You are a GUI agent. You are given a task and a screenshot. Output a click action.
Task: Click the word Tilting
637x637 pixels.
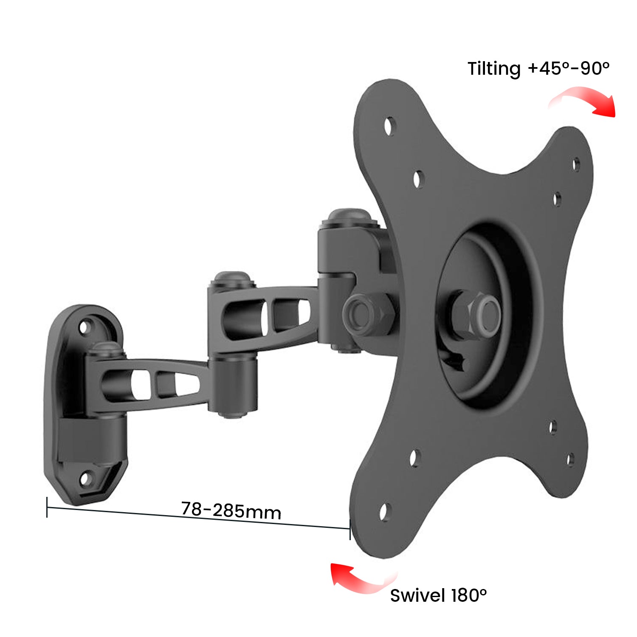tap(494, 69)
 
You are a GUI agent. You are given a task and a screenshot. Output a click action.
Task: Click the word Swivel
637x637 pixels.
tap(417, 595)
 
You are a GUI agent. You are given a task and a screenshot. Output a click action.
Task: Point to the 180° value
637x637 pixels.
tap(469, 595)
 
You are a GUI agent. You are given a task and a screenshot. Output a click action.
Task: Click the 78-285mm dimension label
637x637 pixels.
tap(231, 510)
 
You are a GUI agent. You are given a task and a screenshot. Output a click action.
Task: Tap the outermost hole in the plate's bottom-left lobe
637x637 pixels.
tap(384, 512)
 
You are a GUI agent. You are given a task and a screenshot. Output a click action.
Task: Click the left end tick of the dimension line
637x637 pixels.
tap(47, 507)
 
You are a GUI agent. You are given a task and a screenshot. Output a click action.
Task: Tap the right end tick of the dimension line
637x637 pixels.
tap(350, 529)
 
